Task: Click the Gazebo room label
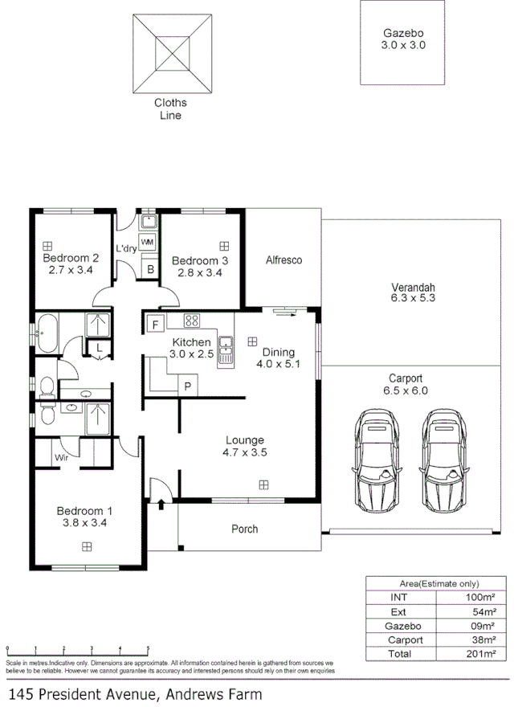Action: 402,34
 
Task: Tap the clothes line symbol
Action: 173,54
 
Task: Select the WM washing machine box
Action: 148,242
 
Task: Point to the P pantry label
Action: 188,386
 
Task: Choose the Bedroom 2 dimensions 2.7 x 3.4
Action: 70,271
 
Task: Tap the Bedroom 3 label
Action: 200,260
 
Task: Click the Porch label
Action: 245,529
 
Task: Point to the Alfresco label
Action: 283,260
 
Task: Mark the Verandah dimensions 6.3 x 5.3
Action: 413,298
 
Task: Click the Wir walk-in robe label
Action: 61,458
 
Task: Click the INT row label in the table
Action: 398,598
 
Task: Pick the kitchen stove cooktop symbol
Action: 192,321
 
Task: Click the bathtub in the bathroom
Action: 47,333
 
